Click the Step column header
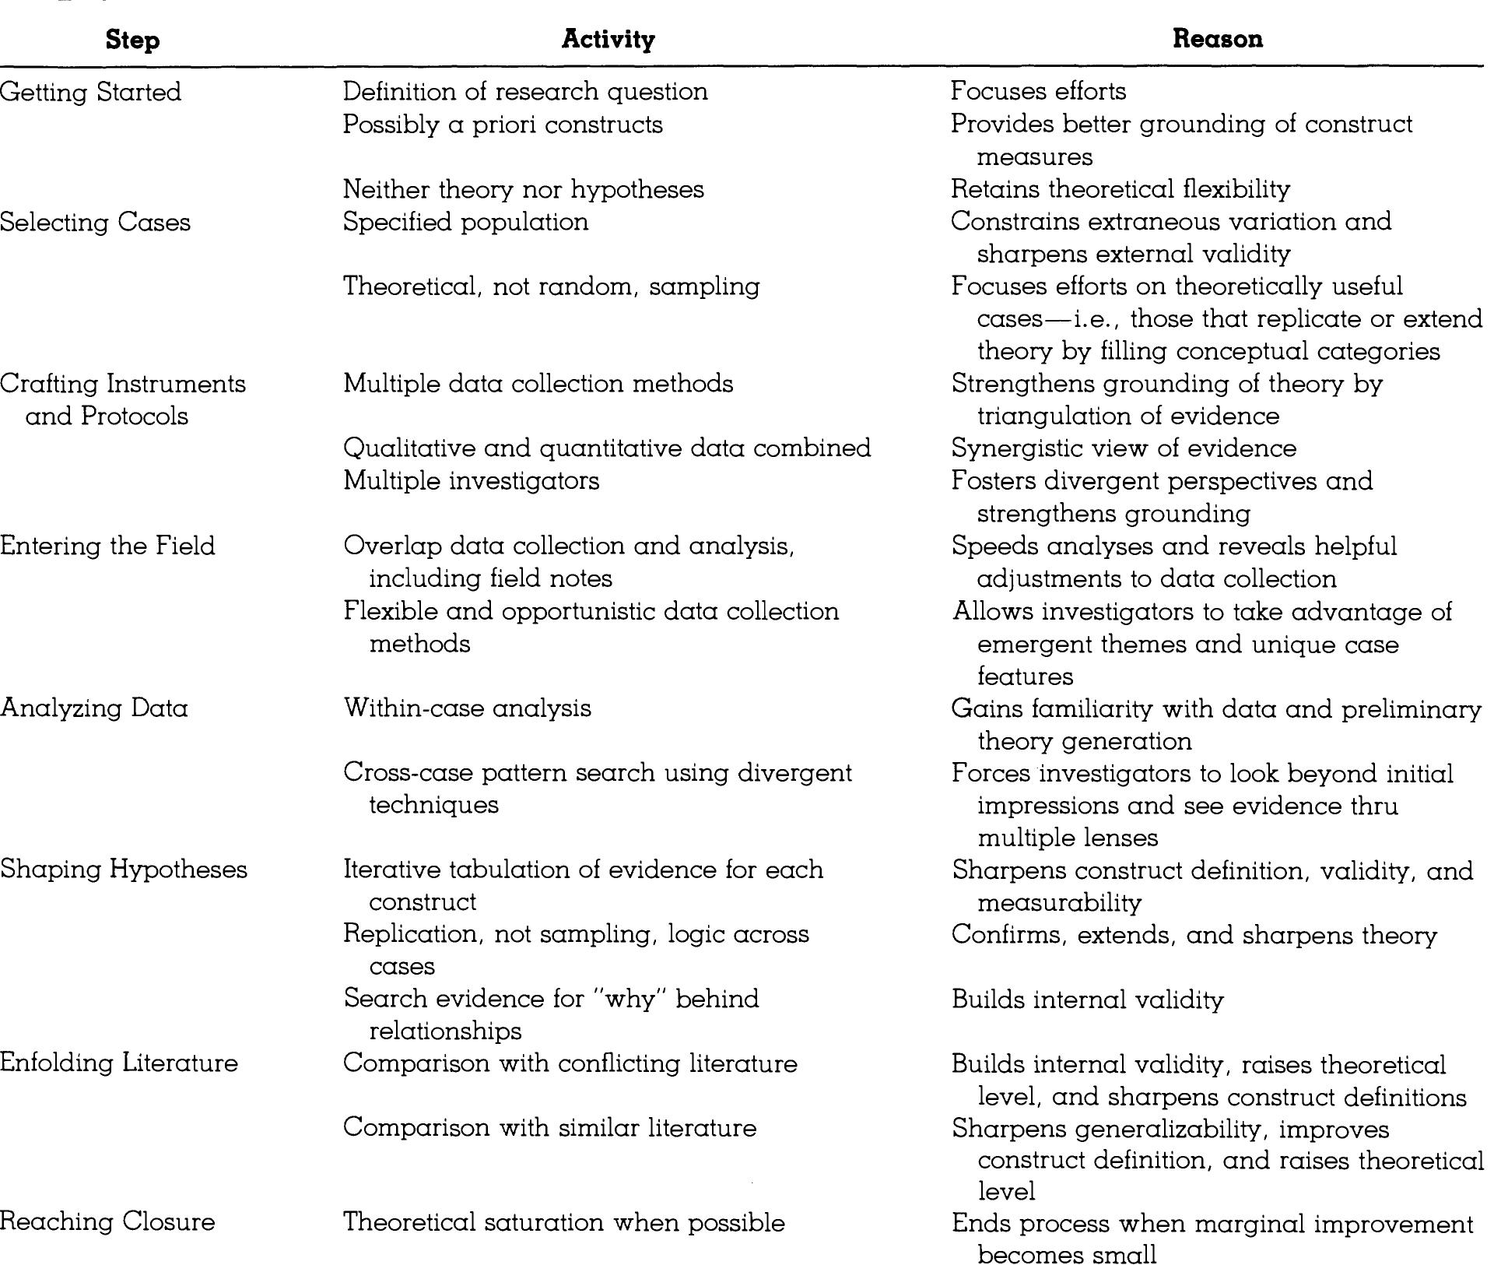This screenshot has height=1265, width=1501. pyautogui.click(x=132, y=40)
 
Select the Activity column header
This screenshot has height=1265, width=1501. pyautogui.click(x=608, y=39)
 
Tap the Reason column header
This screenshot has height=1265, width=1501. pyautogui.click(x=1217, y=39)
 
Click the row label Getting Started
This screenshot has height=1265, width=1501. pyautogui.click(x=90, y=92)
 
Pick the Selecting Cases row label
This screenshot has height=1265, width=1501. pyautogui.click(x=95, y=223)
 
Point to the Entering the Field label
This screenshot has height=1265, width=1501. pyautogui.click(x=107, y=546)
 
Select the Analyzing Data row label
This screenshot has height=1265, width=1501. pyautogui.click(x=94, y=708)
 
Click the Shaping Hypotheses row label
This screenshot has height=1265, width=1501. pyautogui.click(x=124, y=870)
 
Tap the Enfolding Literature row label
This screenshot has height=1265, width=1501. pyautogui.click(x=119, y=1063)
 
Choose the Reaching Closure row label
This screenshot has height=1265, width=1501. pyautogui.click(x=107, y=1221)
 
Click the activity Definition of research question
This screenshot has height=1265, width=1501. pyautogui.click(x=525, y=92)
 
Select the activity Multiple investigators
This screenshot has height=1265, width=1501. pyautogui.click(x=471, y=481)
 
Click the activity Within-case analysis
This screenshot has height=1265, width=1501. pyautogui.click(x=467, y=708)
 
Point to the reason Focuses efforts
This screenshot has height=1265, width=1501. pyautogui.click(x=1038, y=91)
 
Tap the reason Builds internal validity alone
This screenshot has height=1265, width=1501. pyautogui.click(x=1087, y=1000)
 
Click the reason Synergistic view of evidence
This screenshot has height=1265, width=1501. pyautogui.click(x=1124, y=448)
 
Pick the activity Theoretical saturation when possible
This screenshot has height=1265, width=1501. pyautogui.click(x=563, y=1222)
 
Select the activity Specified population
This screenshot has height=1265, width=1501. pyautogui.click(x=465, y=222)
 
